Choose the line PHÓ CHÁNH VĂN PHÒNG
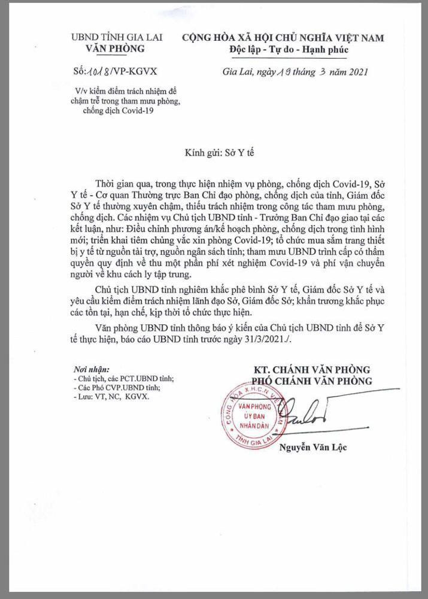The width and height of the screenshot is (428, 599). (x=312, y=381)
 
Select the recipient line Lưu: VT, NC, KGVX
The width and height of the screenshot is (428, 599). (x=111, y=396)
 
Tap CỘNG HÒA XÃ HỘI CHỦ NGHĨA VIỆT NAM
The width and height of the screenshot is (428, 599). (x=283, y=38)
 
